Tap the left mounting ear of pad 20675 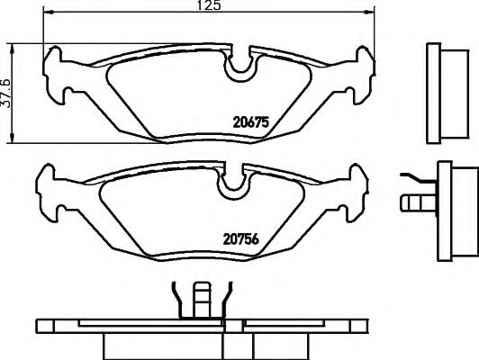pyautogui.click(x=57, y=76)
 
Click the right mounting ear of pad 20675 pyautogui.click(x=361, y=76)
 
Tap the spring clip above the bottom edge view pyautogui.click(x=197, y=301)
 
